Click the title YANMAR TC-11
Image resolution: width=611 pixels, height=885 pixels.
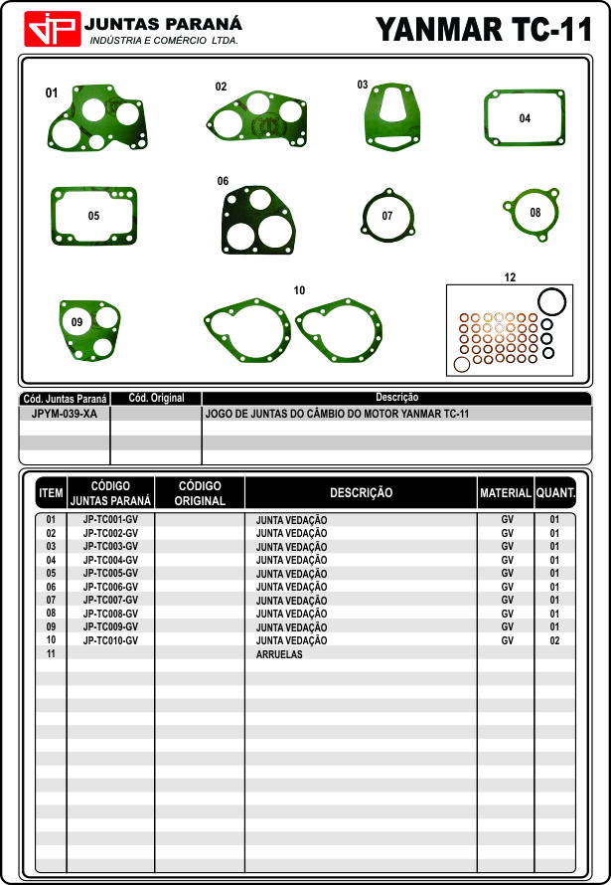tap(484, 30)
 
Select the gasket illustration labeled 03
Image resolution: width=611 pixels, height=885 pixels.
tap(393, 116)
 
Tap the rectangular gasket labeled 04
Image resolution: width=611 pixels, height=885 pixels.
tap(525, 119)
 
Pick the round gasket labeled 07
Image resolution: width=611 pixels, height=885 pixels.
tap(387, 215)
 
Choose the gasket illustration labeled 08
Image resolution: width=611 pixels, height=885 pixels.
tap(534, 213)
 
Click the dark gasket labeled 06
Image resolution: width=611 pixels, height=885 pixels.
tap(258, 221)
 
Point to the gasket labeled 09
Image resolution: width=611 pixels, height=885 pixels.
tap(88, 328)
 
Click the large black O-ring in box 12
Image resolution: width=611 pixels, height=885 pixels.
tap(551, 301)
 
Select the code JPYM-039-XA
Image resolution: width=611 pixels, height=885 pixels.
tap(65, 413)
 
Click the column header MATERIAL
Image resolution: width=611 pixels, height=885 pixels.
tap(505, 493)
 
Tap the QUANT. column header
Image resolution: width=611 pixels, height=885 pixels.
tap(555, 493)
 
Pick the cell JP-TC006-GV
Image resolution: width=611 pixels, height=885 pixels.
tap(110, 588)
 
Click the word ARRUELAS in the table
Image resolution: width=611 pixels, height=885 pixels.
tap(279, 655)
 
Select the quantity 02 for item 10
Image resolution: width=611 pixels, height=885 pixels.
tap(554, 641)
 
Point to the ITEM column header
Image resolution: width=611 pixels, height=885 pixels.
tap(51, 493)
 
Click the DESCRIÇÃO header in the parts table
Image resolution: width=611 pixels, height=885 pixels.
tap(361, 493)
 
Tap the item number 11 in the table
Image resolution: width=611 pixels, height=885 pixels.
tap(51, 654)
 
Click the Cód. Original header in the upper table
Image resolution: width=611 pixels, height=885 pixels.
tap(157, 399)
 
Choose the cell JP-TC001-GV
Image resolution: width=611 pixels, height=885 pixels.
tap(110, 520)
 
